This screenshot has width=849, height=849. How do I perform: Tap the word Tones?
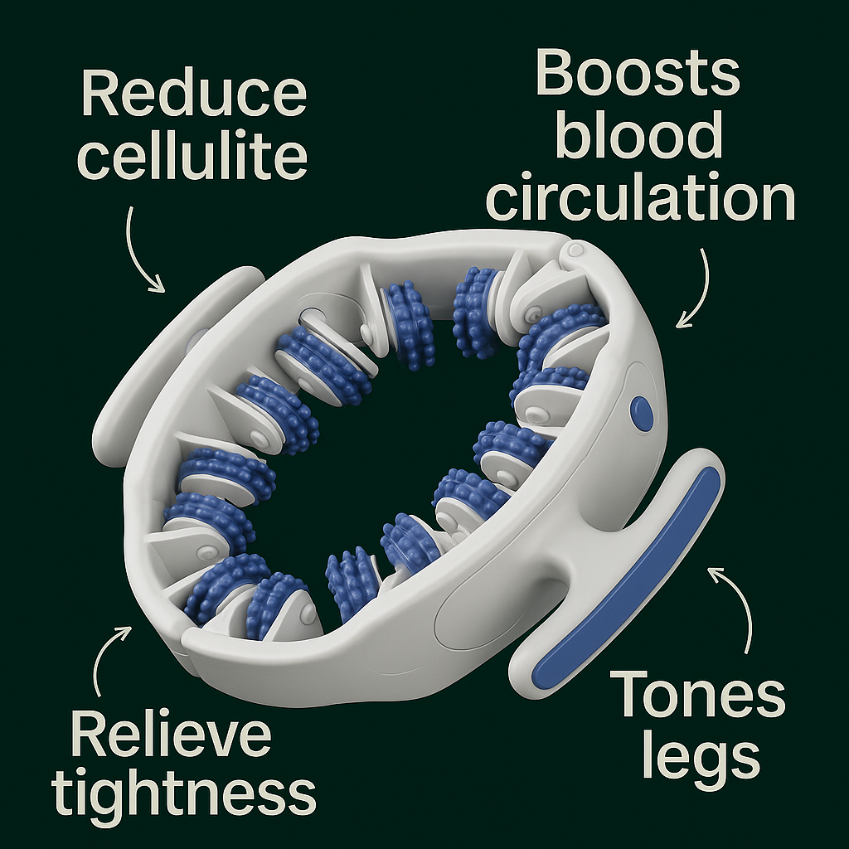point(697,694)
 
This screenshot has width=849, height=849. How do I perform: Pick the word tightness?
point(183,793)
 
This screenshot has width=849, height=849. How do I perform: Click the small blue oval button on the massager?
point(641,413)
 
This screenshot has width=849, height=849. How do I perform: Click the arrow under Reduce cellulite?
point(141,249)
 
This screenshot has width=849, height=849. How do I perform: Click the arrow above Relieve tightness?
point(108,654)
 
